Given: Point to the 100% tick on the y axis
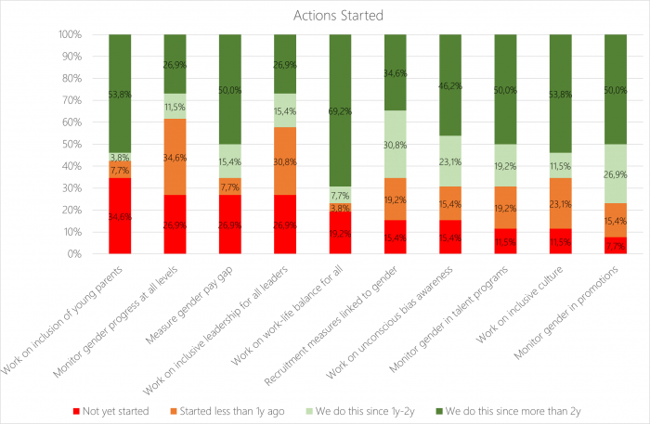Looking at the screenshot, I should coord(69,35).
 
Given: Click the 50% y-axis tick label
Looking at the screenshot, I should coord(71,145).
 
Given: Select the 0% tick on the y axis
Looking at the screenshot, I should coord(74,254).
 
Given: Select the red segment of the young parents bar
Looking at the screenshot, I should coord(120,216).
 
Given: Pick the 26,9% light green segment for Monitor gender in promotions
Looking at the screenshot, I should coord(615,173).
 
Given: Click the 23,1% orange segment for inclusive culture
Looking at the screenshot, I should coord(560,203).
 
